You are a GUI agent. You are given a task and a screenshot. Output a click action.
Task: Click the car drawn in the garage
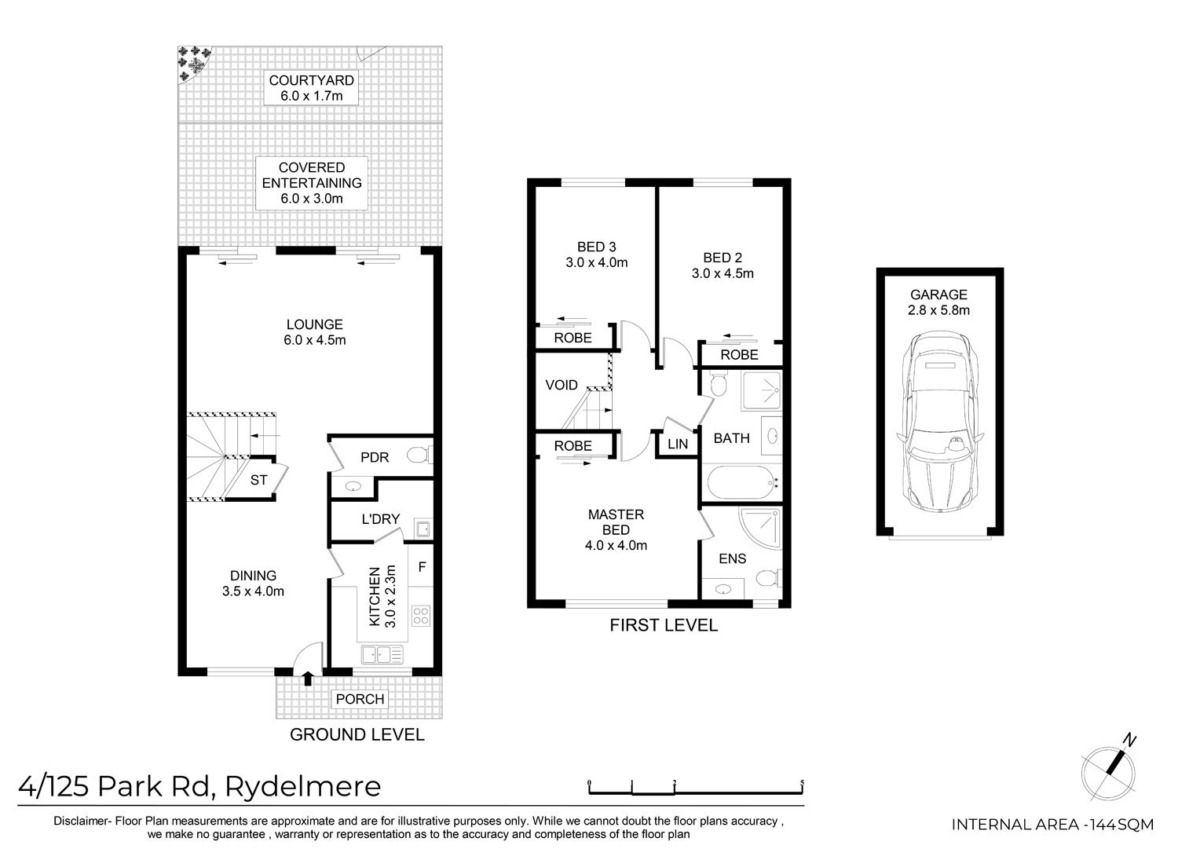click(939, 421)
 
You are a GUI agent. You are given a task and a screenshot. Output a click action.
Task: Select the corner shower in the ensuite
click(759, 528)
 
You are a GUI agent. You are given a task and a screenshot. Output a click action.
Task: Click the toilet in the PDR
click(419, 455)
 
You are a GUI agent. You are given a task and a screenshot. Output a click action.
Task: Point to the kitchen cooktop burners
click(421, 616)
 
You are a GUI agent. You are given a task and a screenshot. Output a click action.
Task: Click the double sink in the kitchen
click(382, 655)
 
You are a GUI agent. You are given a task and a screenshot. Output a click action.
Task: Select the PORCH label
click(360, 699)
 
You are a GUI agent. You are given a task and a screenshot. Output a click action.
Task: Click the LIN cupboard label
click(677, 444)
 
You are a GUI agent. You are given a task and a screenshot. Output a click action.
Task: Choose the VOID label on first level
click(562, 385)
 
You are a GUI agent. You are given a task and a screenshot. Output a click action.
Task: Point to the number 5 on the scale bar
click(802, 782)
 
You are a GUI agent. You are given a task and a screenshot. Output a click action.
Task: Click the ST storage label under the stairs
click(258, 480)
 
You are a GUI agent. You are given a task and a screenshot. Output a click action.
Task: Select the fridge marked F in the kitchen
click(422, 566)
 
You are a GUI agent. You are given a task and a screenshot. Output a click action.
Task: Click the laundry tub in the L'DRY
click(423, 528)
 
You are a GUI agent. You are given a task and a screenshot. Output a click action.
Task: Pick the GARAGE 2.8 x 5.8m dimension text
click(938, 302)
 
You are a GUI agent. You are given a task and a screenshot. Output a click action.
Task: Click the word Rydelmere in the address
click(303, 787)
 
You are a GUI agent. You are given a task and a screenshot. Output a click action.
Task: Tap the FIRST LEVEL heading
click(664, 625)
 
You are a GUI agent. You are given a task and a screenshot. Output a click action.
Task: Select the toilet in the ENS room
click(769, 578)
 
